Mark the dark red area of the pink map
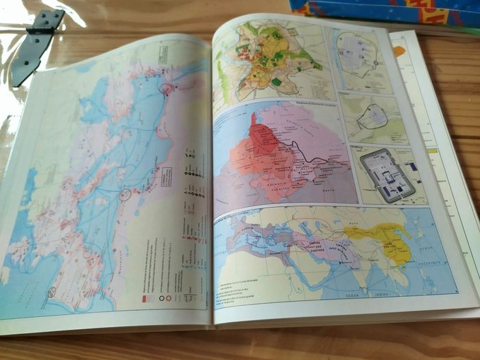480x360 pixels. tap(264, 141)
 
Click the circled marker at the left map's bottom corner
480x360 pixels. tap(51, 293)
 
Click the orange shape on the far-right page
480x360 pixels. tap(399, 51)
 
